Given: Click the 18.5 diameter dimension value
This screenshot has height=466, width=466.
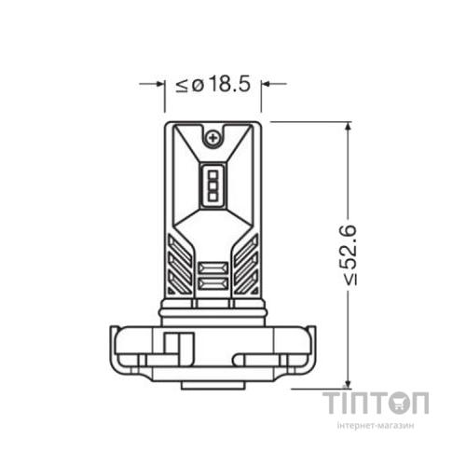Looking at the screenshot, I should (x=229, y=84).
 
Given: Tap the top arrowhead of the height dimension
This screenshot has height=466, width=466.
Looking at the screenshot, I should (x=348, y=126).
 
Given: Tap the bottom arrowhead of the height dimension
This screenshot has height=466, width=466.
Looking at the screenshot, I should (x=348, y=383).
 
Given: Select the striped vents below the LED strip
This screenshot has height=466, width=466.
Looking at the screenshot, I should (x=213, y=277).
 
